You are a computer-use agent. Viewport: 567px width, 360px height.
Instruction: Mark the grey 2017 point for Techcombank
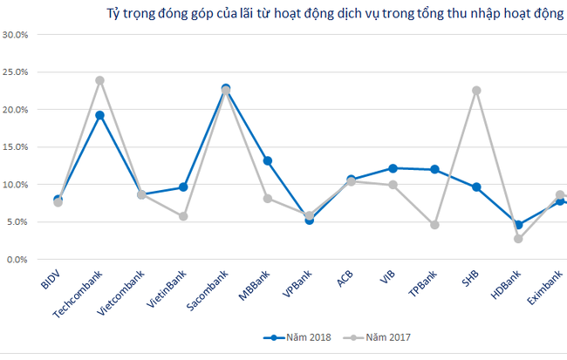click(99, 80)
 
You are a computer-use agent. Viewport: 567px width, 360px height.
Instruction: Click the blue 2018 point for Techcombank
click(99, 115)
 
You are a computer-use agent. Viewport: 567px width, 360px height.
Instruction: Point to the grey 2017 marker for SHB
click(476, 91)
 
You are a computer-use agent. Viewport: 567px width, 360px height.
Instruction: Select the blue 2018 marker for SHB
click(476, 187)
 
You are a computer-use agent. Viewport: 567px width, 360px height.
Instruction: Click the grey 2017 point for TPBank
click(434, 225)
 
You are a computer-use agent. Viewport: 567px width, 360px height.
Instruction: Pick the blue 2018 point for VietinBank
click(183, 187)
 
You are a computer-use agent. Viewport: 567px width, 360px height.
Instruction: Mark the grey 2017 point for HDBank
click(518, 239)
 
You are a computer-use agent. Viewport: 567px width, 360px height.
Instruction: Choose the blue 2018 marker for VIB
click(393, 168)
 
